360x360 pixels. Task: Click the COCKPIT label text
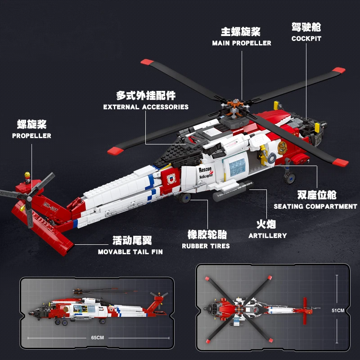(306, 39)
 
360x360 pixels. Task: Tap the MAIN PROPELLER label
(242, 43)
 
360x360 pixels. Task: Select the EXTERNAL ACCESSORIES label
(146, 107)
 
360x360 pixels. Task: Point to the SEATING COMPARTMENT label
(315, 207)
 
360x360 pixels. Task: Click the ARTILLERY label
(268, 235)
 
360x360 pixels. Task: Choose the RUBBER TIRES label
(206, 246)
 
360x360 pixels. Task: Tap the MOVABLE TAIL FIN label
(130, 252)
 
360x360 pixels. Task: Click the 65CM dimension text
(97, 338)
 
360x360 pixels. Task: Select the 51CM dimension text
(338, 310)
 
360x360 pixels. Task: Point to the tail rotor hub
(29, 198)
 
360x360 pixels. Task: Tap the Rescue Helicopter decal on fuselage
(206, 173)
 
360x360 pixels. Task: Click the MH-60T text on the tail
(50, 207)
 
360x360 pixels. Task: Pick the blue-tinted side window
(238, 167)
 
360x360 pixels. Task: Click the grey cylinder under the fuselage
(233, 191)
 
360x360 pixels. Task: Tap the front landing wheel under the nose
(289, 178)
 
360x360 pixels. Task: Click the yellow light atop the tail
(27, 175)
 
